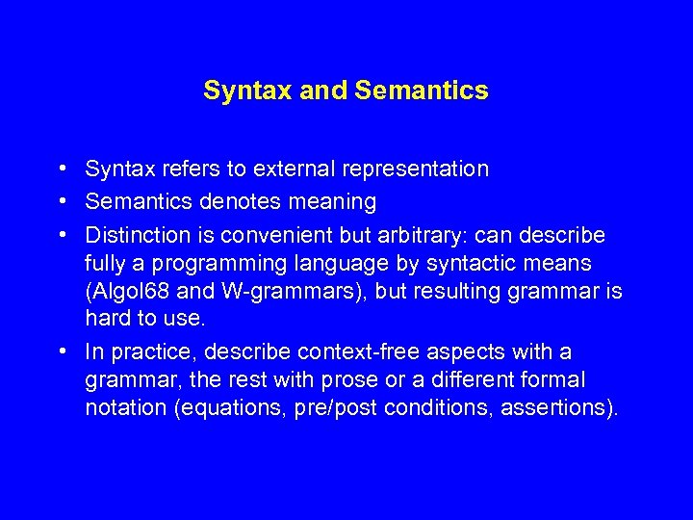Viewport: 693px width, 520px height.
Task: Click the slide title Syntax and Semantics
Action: [346, 91]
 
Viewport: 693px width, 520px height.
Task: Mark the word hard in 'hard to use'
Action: [105, 319]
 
